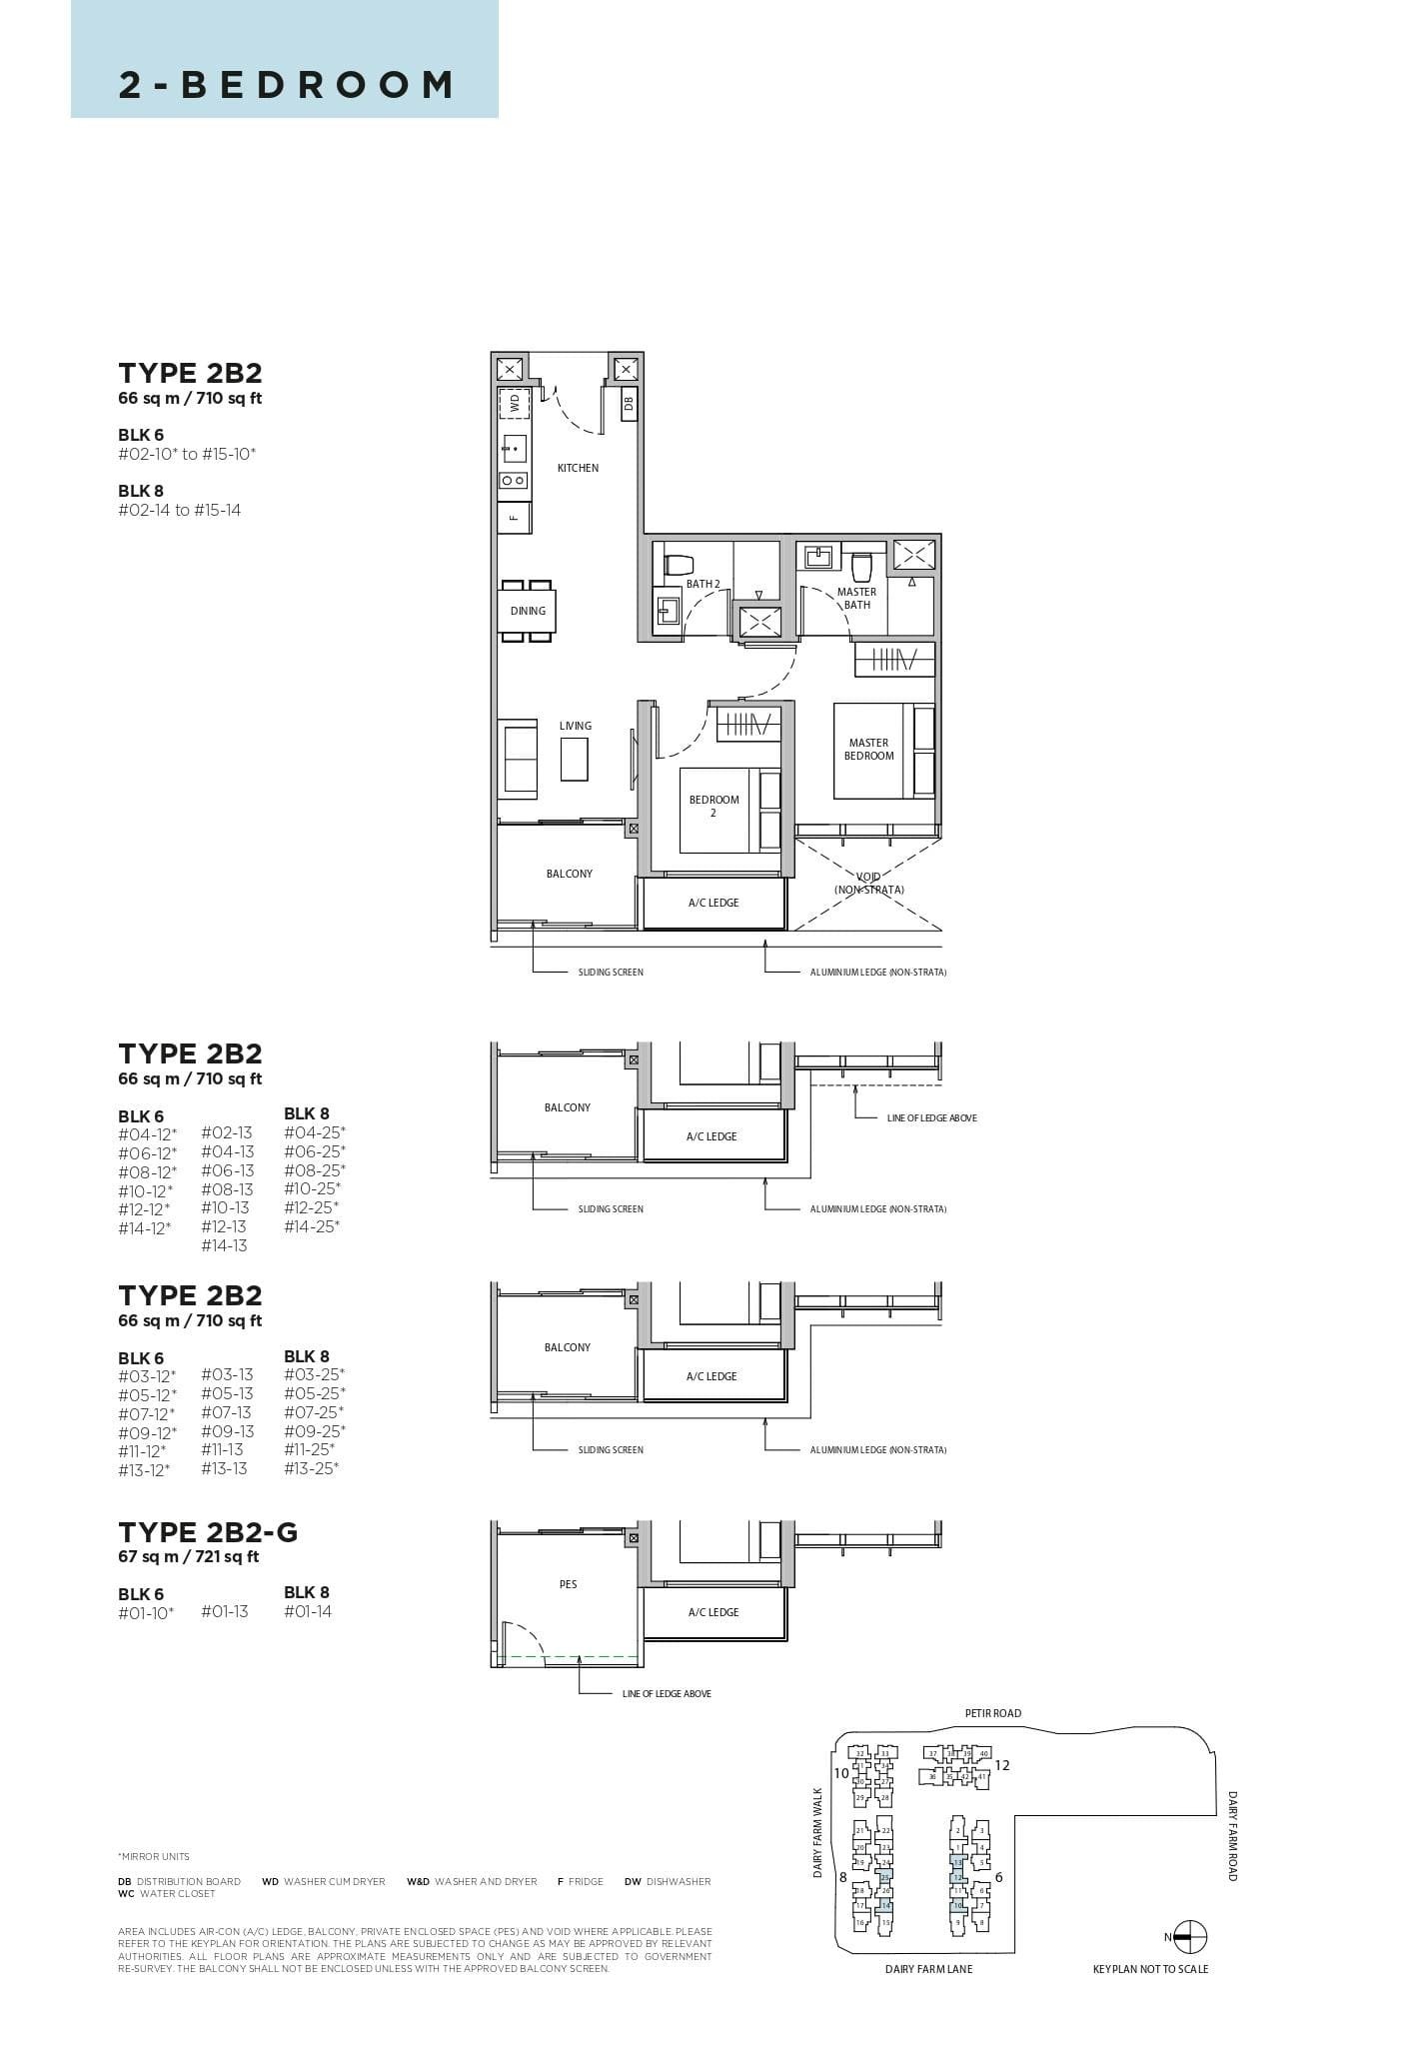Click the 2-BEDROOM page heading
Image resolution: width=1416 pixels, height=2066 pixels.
[x=286, y=85]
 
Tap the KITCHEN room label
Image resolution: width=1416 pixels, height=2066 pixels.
[x=578, y=468]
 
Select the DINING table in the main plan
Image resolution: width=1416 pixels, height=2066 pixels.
[x=528, y=611]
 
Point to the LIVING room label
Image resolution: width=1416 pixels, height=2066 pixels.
[x=575, y=726]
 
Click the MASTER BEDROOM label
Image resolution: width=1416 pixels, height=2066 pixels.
[x=868, y=749]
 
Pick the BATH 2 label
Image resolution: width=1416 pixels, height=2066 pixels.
[x=703, y=584]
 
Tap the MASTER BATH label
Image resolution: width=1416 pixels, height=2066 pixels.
[x=856, y=598]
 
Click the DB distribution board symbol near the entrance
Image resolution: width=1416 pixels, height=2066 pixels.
[x=629, y=404]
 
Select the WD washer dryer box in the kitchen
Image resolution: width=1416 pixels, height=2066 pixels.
[x=514, y=403]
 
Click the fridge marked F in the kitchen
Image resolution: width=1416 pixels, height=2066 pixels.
[x=514, y=517]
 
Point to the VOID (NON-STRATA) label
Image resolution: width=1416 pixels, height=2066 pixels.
[x=868, y=884]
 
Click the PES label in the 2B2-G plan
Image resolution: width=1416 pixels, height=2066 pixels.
[x=568, y=1584]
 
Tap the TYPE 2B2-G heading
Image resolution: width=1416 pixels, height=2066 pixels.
[x=208, y=1532]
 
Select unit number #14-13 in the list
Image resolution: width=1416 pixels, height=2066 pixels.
[x=224, y=1245]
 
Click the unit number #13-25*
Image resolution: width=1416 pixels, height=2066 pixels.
[x=312, y=1468]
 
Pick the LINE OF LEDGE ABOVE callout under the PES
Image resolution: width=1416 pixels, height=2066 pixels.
[x=667, y=1693]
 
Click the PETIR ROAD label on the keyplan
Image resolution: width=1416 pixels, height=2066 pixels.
[x=992, y=1713]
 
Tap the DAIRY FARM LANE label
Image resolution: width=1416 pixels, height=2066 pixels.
[x=928, y=1969]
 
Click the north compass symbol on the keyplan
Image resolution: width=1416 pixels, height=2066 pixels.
[x=1189, y=1937]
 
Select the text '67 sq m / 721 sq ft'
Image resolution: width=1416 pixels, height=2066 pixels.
[x=188, y=1556]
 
